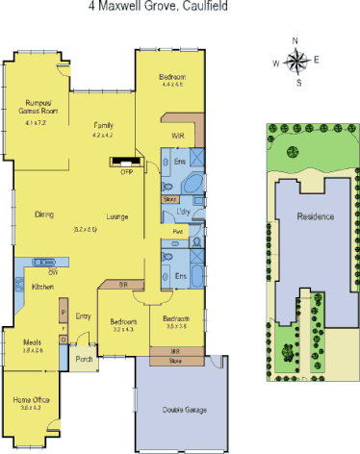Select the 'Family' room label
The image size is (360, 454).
coord(103,126)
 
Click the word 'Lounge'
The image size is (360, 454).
coord(117,214)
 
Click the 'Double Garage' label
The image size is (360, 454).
coord(182,412)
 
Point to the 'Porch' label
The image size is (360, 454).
coord(84,361)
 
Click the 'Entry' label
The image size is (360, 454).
coord(83,316)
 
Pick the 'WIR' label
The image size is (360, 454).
coord(178,137)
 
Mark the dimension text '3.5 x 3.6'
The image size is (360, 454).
coord(176,327)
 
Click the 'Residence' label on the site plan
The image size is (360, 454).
coord(316,216)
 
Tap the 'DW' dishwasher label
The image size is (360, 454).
coord(40,272)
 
